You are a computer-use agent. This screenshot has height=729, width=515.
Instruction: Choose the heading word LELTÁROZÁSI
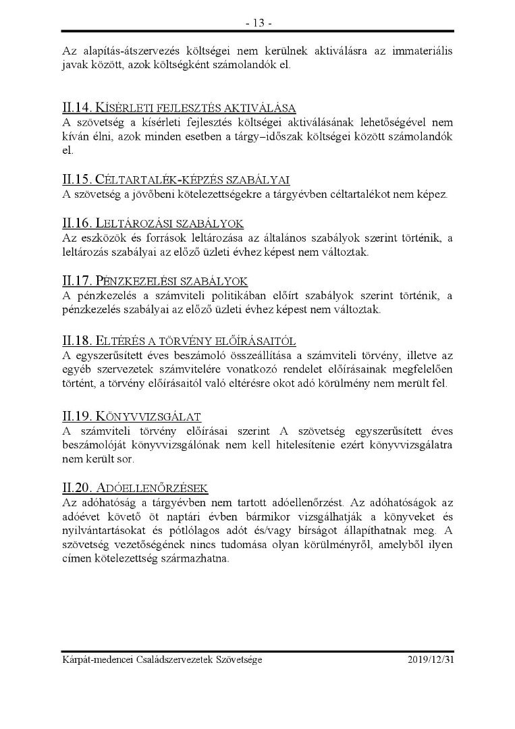(136, 223)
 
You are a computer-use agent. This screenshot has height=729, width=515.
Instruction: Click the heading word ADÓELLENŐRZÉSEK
(153, 487)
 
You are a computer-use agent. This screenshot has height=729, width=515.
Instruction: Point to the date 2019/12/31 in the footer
(431, 659)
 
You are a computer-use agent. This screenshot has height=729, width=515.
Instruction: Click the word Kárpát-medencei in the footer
(94, 659)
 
